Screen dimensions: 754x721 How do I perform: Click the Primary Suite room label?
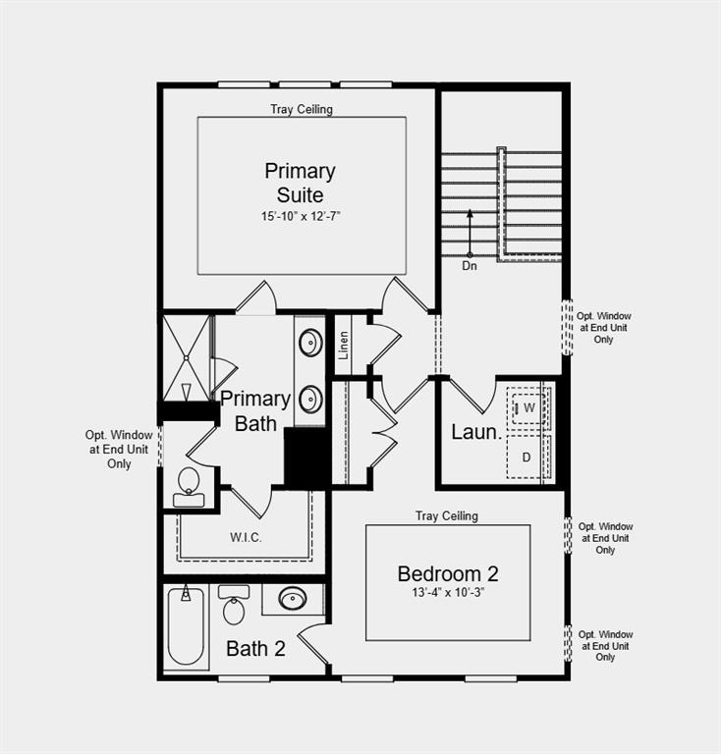point(300,183)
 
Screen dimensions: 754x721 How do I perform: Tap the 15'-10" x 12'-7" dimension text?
point(300,214)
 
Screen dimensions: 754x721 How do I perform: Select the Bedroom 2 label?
point(448,573)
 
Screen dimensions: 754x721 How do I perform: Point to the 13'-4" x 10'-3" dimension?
point(448,593)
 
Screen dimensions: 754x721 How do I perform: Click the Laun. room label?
point(476,431)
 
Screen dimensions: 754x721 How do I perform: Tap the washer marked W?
point(528,406)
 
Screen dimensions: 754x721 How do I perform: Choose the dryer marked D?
point(527,458)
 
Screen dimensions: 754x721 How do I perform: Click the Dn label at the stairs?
point(470,265)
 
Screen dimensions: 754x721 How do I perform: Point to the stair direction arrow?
point(470,232)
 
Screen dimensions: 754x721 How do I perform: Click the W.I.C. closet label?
point(246,537)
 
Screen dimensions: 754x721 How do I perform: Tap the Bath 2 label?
point(255,648)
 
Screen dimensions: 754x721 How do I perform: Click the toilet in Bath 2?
point(234,607)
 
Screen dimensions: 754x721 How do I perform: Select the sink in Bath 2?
point(292,598)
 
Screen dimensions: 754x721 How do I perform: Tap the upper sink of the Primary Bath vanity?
point(310,343)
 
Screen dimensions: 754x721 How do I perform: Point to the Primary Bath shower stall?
point(186,355)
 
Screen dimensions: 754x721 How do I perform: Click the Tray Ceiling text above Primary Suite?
point(302,109)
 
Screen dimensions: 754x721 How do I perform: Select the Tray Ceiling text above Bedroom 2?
point(447,515)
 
